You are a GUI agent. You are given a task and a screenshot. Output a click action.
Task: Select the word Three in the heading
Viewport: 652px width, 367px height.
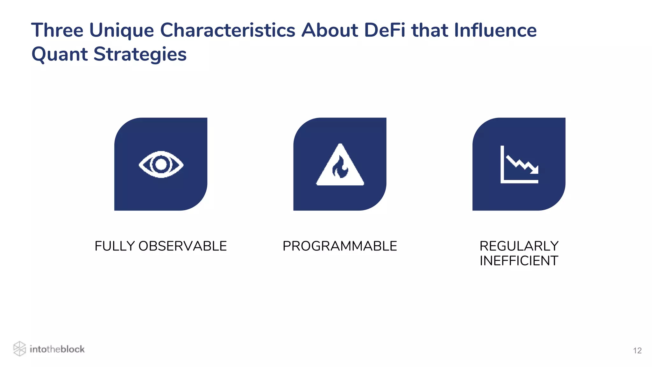(57, 30)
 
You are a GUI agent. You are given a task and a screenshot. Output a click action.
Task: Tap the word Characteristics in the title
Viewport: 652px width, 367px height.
(228, 30)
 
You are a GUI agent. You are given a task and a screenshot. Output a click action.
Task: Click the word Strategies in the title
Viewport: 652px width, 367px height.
(140, 54)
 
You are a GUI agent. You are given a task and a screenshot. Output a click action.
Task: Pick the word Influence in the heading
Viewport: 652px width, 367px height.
(495, 30)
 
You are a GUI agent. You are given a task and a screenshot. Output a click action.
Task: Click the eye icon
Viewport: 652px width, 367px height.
(161, 164)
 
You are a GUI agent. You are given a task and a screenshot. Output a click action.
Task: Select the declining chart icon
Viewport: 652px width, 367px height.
(519, 164)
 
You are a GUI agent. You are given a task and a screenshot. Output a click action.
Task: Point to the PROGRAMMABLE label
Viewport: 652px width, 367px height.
(340, 246)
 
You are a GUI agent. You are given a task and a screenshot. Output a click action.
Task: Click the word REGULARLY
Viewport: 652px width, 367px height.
(519, 246)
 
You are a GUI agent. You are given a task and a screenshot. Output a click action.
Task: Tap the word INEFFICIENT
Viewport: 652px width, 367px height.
(519, 261)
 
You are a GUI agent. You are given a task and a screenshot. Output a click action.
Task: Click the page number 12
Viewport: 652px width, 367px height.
(637, 351)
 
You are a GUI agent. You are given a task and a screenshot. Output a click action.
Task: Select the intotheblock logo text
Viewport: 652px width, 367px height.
(57, 349)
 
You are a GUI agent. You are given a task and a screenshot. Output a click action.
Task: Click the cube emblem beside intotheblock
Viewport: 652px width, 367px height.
(19, 349)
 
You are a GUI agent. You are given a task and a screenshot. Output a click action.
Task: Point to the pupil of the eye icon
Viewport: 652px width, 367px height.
(161, 164)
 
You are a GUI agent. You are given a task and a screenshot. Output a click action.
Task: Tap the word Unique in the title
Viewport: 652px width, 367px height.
(122, 30)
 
